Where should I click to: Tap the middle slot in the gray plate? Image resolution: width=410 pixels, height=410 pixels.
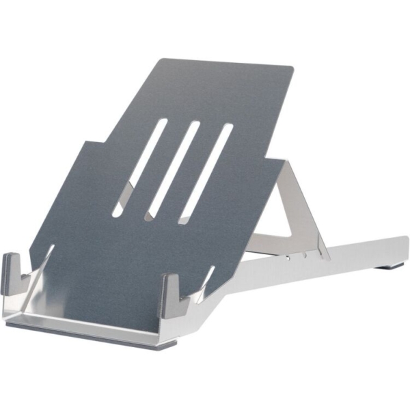[172, 171]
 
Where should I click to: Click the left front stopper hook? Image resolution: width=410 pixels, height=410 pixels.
[13, 272]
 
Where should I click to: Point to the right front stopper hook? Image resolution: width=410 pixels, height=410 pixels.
[172, 290]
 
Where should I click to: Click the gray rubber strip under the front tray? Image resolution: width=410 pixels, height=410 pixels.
[89, 334]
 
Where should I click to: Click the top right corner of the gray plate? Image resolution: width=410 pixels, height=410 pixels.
[290, 68]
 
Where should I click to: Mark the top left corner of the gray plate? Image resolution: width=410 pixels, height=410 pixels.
[160, 60]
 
